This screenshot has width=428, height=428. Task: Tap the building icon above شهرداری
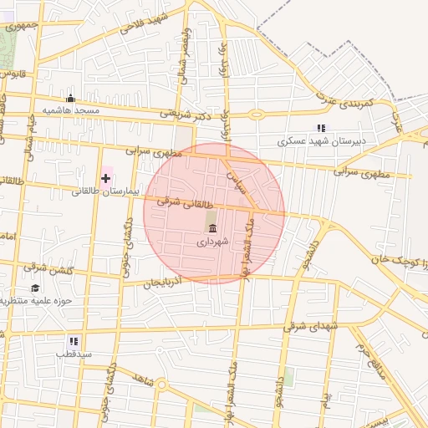click(x=212, y=228)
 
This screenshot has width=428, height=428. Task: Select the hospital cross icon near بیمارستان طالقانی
click(x=105, y=179)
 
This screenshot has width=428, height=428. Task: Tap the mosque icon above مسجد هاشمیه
click(x=70, y=98)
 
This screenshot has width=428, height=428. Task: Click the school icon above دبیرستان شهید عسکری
click(x=321, y=128)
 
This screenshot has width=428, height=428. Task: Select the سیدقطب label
click(x=73, y=354)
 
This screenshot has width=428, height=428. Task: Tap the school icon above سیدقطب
click(x=74, y=341)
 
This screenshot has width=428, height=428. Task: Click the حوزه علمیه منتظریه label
click(x=37, y=301)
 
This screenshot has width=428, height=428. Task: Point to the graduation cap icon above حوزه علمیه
click(x=35, y=288)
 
